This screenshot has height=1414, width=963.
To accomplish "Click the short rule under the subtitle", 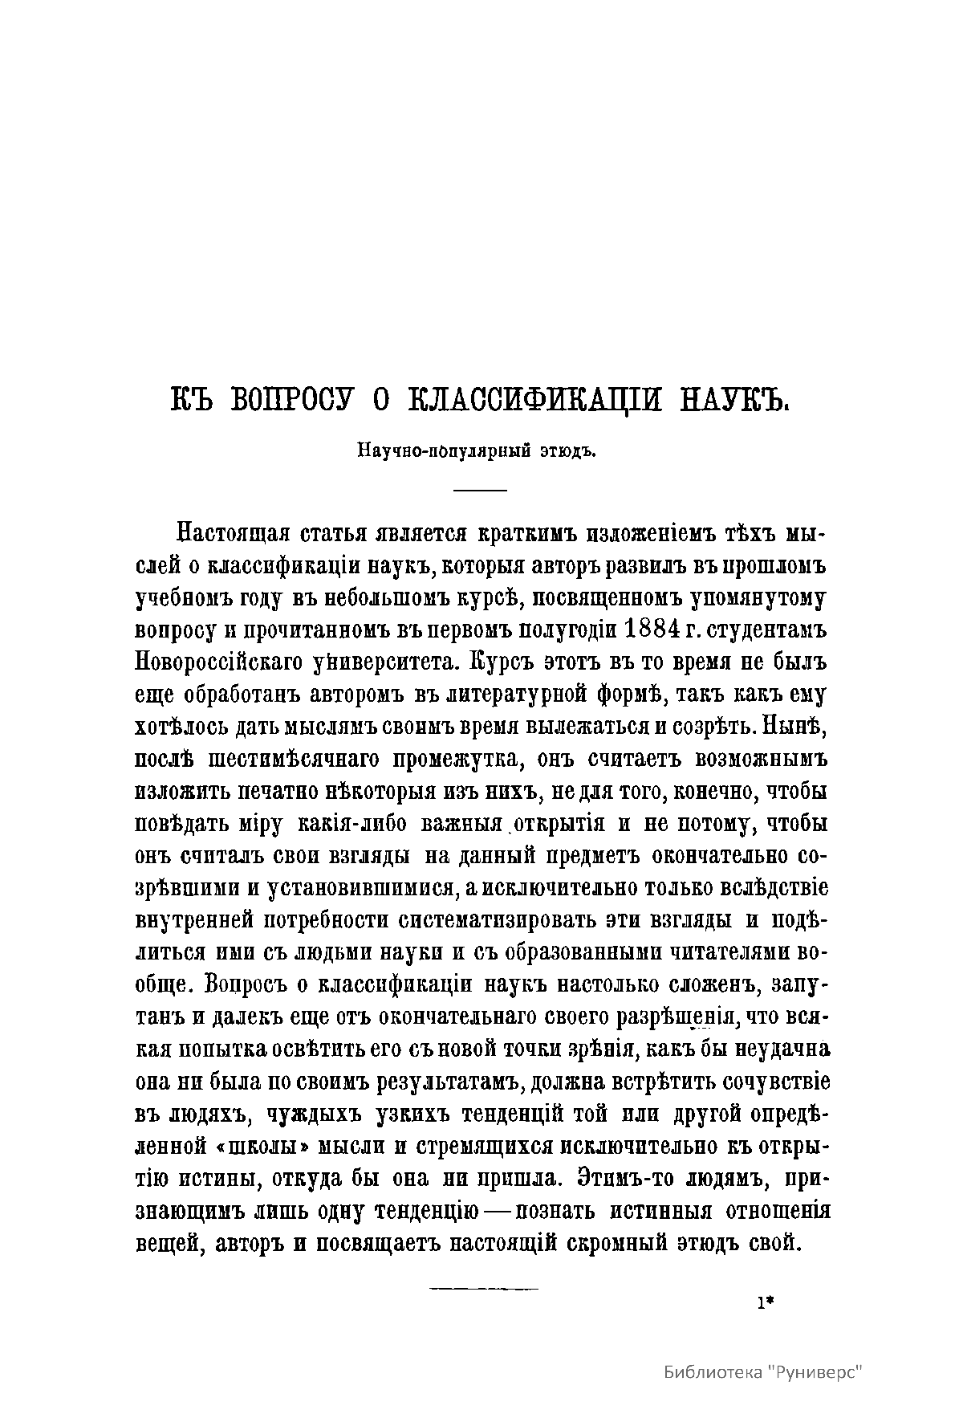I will pos(481,490).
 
